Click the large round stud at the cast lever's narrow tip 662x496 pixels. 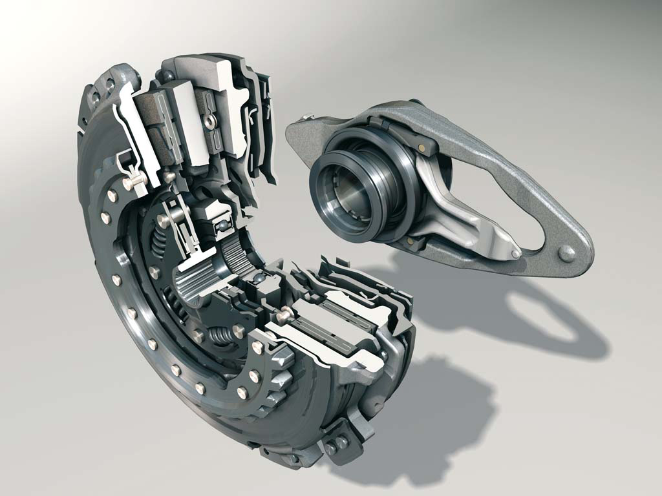click(566, 253)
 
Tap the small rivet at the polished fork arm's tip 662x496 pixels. click(515, 254)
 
